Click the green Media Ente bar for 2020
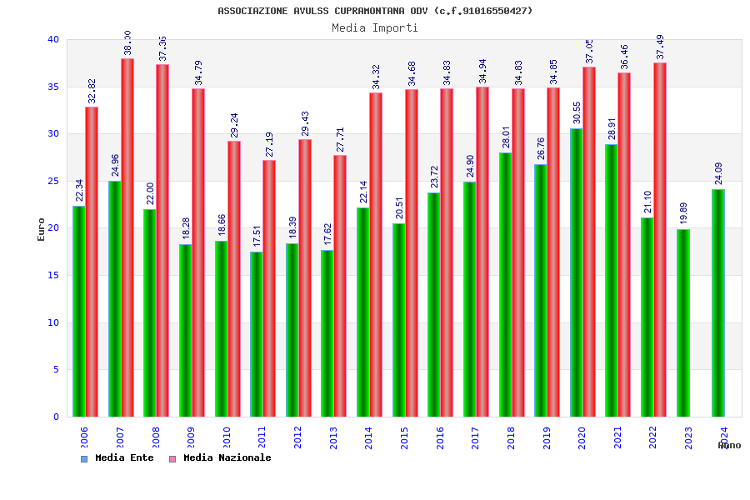[577, 272]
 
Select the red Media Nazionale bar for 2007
[127, 237]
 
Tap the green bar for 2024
[718, 302]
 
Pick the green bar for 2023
[683, 322]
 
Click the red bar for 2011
[269, 288]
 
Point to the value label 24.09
[718, 173]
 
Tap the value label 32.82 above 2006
[92, 91]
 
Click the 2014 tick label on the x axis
[369, 437]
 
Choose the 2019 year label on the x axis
[547, 437]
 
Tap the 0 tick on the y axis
[56, 417]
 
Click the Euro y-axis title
[42, 229]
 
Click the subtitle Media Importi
[375, 27]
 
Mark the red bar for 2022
[660, 240]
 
